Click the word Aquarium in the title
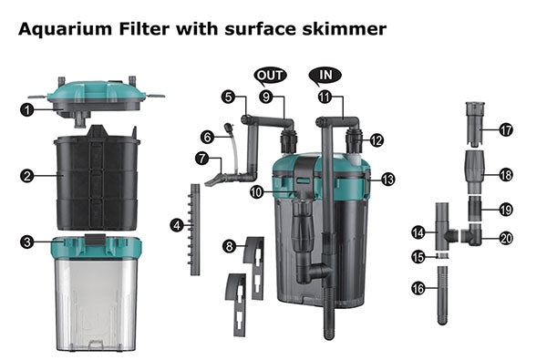pos(66,29)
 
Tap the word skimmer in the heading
pos(344,29)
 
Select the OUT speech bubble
pos(270,76)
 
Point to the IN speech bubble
pos(325,76)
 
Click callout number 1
pos(26,110)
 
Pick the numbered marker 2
pos(26,176)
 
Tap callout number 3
pos(26,242)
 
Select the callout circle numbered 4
pos(177,225)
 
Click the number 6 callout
pos(207,137)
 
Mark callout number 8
pos(229,247)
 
